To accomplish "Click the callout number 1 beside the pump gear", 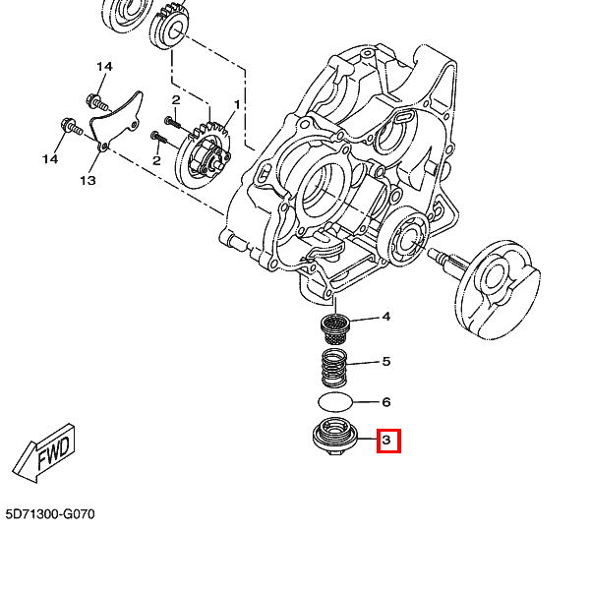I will coord(237,104).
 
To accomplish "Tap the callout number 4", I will coord(386,317).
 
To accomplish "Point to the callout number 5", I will coord(386,361).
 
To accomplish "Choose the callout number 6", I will coord(386,402).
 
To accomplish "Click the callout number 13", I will coord(88,181).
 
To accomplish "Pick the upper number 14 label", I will coord(104,66).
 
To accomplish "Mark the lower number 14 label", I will coord(49,158).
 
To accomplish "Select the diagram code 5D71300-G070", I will coord(50,514).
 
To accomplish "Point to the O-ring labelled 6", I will coord(336,402).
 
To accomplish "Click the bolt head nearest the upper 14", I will coord(95,99).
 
